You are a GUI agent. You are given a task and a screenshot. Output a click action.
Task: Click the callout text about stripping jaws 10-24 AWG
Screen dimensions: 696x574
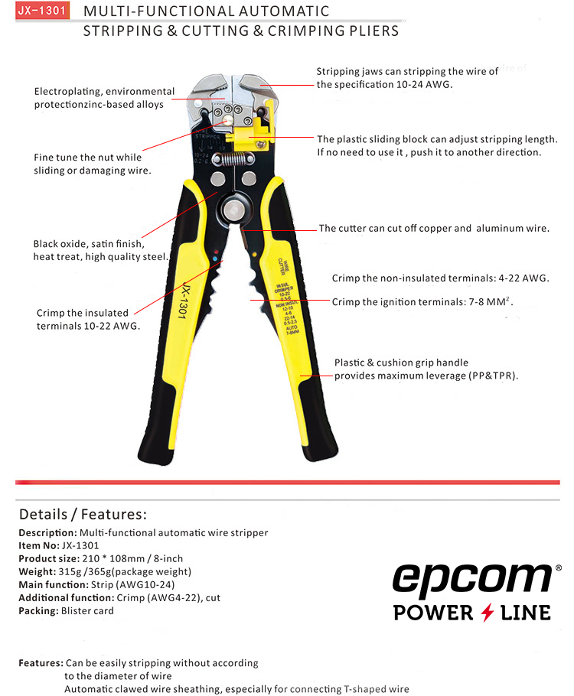click(407, 78)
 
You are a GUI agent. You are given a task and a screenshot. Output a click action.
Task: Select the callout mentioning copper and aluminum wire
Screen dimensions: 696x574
click(434, 228)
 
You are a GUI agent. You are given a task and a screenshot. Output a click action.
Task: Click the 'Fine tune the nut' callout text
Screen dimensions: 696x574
click(93, 164)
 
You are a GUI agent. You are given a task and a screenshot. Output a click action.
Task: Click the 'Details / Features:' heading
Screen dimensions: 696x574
click(83, 514)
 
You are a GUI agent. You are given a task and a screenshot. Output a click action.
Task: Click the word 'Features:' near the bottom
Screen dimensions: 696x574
click(41, 662)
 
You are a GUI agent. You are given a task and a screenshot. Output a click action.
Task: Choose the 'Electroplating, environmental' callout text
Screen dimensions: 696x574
click(103, 98)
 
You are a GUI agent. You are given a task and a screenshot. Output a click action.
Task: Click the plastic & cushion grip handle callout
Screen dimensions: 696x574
click(425, 369)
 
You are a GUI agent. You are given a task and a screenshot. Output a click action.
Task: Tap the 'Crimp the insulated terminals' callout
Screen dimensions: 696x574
click(88, 319)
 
